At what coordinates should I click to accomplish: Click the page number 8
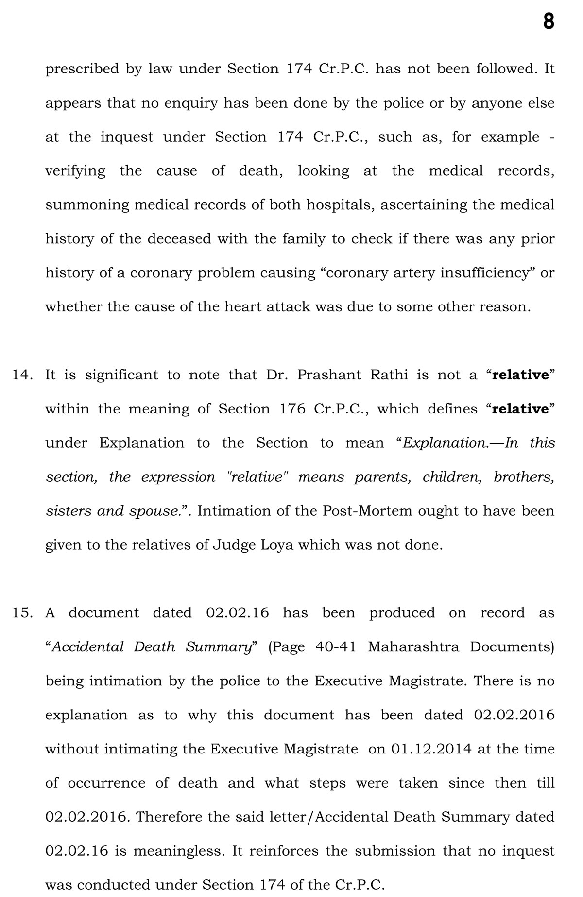click(x=548, y=22)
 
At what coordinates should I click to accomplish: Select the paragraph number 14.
click(x=22, y=375)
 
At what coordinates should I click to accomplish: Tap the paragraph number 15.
click(x=22, y=613)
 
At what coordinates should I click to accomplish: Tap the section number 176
click(x=292, y=409)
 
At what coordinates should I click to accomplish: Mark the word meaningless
click(x=178, y=851)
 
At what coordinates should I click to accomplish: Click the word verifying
click(x=75, y=171)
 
